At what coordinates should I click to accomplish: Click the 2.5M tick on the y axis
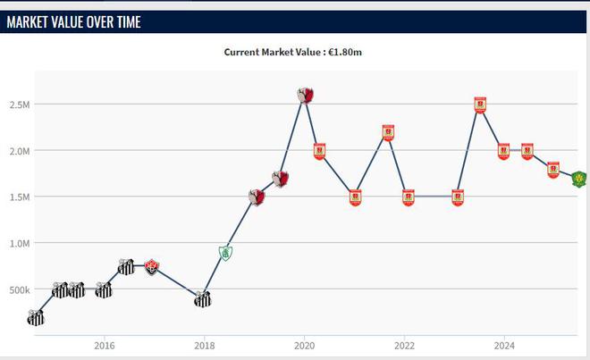(x=21, y=105)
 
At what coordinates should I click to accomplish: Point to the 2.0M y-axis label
(x=21, y=151)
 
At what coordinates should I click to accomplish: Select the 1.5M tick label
(x=21, y=197)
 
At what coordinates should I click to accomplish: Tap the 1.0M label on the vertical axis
(x=21, y=243)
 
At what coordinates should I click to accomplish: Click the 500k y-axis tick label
(x=19, y=289)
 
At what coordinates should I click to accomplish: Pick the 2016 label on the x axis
(x=104, y=345)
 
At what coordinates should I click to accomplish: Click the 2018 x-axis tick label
(x=204, y=345)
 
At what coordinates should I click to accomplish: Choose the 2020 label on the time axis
(x=304, y=345)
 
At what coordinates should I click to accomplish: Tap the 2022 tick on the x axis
(x=404, y=345)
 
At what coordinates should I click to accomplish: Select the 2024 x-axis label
(x=504, y=345)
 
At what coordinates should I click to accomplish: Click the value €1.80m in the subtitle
(x=344, y=52)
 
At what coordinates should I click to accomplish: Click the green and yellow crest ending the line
(x=579, y=180)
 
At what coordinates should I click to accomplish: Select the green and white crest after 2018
(x=226, y=253)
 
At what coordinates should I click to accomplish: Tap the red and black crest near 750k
(x=152, y=266)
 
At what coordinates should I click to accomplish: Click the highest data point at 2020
(x=306, y=95)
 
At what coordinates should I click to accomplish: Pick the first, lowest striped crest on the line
(x=36, y=317)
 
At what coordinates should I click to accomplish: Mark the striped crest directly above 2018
(x=203, y=299)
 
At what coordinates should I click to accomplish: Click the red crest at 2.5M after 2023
(x=480, y=105)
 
